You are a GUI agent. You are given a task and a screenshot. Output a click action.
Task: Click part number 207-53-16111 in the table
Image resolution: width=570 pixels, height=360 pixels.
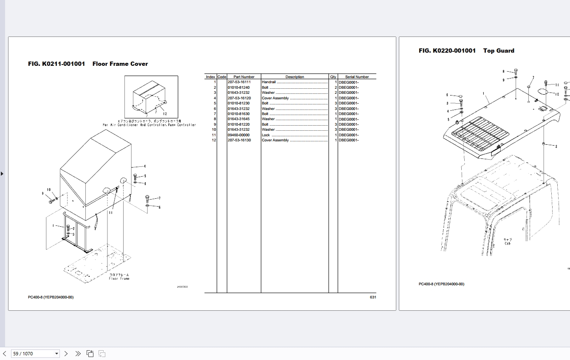tap(239, 82)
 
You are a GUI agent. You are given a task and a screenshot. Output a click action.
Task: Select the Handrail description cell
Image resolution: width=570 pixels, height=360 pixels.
tap(269, 82)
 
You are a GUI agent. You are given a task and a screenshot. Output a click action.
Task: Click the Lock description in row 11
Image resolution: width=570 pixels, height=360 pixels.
tap(266, 135)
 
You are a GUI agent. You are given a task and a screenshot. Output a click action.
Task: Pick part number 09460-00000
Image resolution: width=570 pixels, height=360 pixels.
tap(239, 135)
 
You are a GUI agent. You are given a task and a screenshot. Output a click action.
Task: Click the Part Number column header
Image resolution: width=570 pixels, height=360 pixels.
tap(244, 77)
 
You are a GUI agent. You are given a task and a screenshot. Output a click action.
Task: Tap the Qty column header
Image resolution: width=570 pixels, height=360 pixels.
tap(333, 77)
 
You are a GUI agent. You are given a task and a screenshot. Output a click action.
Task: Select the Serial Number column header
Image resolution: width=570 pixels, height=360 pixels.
tap(357, 77)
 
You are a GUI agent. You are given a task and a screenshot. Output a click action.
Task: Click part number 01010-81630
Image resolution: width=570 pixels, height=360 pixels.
tap(239, 114)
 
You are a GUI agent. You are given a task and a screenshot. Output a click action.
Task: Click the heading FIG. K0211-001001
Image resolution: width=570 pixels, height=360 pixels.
tap(56, 64)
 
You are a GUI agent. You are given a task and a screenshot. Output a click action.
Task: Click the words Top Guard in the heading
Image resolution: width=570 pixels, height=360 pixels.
tap(499, 51)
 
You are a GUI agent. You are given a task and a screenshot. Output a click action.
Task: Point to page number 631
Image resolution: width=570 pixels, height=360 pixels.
tap(372, 297)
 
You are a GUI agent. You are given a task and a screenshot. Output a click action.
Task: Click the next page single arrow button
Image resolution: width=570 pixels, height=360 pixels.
tap(66, 354)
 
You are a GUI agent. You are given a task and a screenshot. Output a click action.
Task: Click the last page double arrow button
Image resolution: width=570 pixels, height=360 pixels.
tap(78, 354)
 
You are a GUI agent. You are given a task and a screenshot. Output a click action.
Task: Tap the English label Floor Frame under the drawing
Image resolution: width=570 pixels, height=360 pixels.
tap(119, 278)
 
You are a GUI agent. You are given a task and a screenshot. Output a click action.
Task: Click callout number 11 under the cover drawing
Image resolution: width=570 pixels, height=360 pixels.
tap(110, 213)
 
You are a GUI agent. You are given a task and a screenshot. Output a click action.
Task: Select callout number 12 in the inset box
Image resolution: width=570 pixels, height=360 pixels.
tap(164, 114)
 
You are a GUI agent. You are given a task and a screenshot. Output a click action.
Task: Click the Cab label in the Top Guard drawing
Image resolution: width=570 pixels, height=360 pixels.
tap(507, 244)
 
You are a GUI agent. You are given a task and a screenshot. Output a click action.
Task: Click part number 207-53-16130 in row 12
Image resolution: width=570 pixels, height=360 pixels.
tap(239, 140)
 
